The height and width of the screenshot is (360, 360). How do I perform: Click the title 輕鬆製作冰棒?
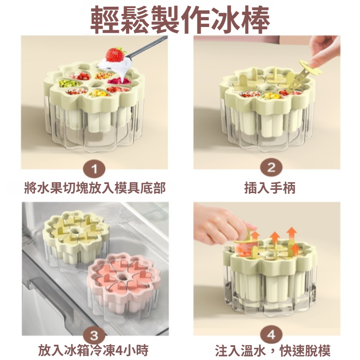point(180,19)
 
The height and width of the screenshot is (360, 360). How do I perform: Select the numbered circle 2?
point(271,169)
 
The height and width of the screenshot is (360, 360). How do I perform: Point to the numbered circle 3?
point(94,336)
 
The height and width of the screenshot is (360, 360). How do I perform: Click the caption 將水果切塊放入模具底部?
point(94,188)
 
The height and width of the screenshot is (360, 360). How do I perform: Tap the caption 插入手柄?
point(271,188)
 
